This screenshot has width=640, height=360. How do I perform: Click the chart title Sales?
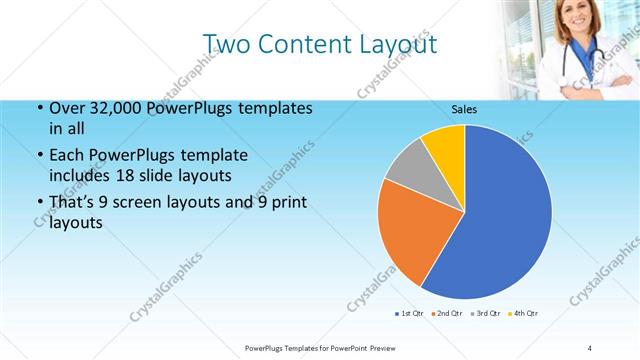tap(464, 109)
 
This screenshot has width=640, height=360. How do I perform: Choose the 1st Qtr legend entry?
tap(410, 314)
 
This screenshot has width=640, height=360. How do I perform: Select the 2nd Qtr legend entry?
tap(447, 314)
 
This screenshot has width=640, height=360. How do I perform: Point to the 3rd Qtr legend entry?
tap(485, 314)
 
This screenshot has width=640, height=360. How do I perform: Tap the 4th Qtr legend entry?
tap(523, 314)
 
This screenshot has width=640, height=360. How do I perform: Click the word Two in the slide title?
tap(226, 44)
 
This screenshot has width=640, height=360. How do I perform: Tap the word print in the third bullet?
tap(288, 204)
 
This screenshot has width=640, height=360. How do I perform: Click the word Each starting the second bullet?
tap(66, 156)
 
